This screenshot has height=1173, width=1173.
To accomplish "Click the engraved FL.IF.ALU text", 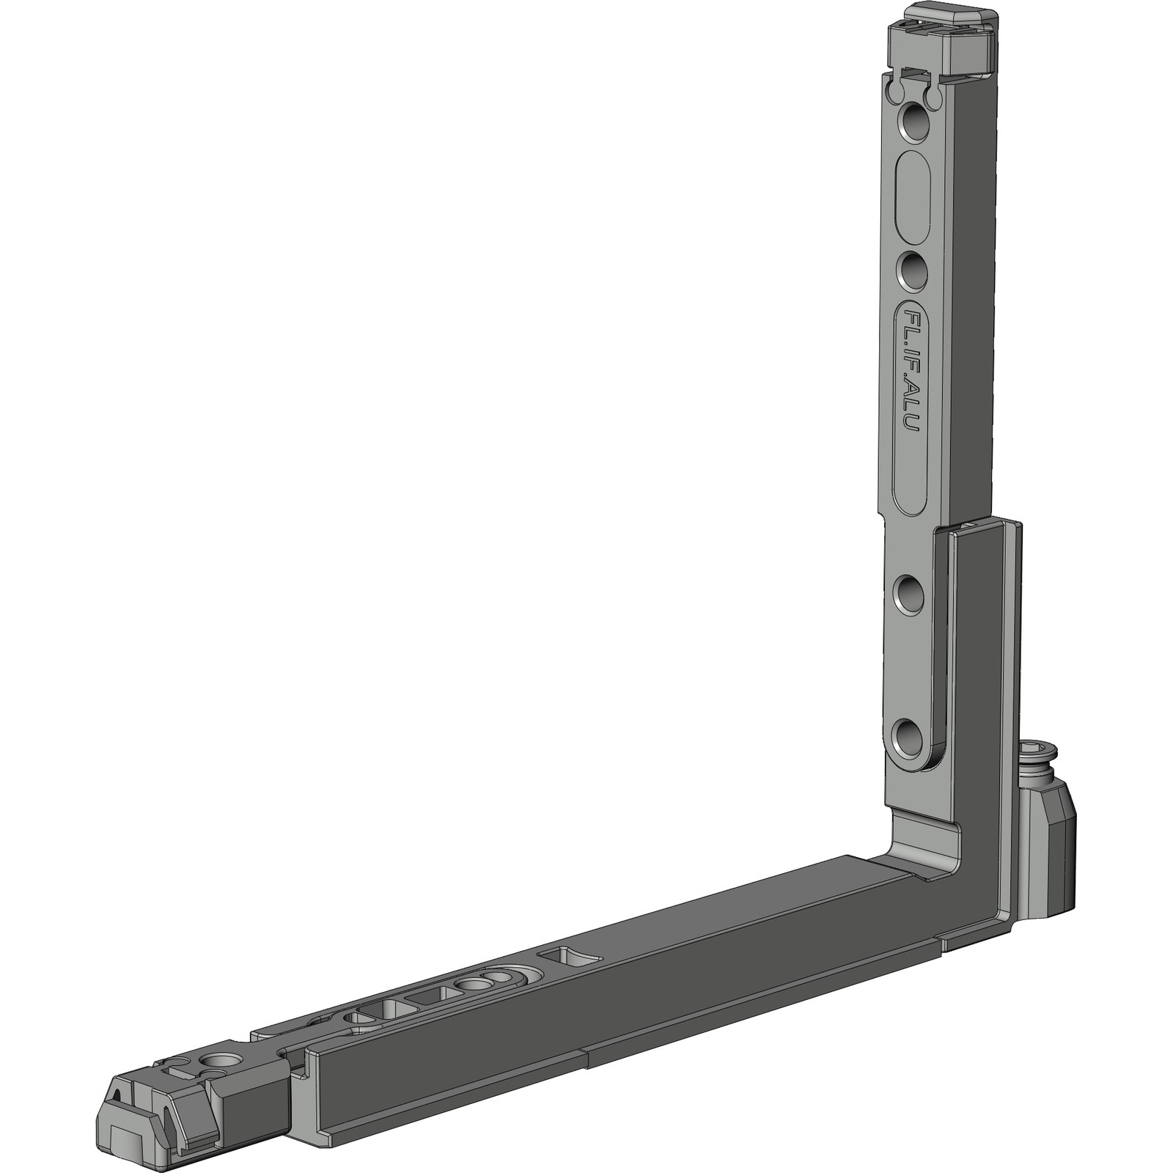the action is pyautogui.click(x=911, y=380).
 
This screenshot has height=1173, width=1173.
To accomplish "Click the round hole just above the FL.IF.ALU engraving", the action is pyautogui.click(x=912, y=272).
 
